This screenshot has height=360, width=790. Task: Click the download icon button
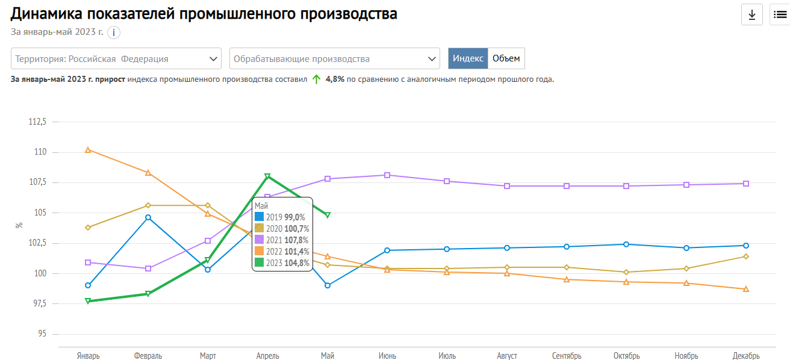pyautogui.click(x=751, y=15)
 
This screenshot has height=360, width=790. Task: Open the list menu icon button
pyautogui.click(x=780, y=15)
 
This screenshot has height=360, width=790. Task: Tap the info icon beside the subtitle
pyautogui.click(x=114, y=33)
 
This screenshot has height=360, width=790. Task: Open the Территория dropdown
pyautogui.click(x=116, y=59)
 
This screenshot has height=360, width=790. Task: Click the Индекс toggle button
pyautogui.click(x=468, y=58)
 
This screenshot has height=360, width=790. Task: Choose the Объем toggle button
pyautogui.click(x=506, y=58)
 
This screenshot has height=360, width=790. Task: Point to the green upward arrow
pyautogui.click(x=317, y=79)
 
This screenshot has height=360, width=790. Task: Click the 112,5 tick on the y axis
pyautogui.click(x=37, y=122)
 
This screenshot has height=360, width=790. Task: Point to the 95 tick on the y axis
pyautogui.click(x=42, y=334)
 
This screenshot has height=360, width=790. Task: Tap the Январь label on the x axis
pyautogui.click(x=89, y=356)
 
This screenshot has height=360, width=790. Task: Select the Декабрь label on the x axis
pyautogui.click(x=746, y=356)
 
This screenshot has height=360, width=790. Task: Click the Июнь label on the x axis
pyautogui.click(x=387, y=356)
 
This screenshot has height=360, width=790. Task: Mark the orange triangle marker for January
pyautogui.click(x=88, y=150)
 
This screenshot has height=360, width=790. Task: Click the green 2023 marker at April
pyautogui.click(x=267, y=176)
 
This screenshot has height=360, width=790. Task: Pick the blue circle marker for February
pyautogui.click(x=148, y=217)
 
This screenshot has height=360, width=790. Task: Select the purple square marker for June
pyautogui.click(x=387, y=175)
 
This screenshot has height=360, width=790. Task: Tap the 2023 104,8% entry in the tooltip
pyautogui.click(x=282, y=262)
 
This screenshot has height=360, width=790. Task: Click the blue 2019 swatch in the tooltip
pyautogui.click(x=260, y=217)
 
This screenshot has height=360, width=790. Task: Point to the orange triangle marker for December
pyautogui.click(x=746, y=289)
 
